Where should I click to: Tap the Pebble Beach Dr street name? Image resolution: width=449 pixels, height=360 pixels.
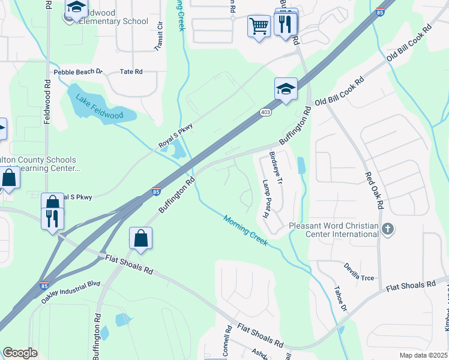pyautogui.click(x=78, y=72)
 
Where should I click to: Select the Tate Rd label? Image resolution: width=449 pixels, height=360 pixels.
pyautogui.click(x=131, y=71)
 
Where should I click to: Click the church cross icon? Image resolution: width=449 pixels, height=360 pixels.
pyautogui.click(x=388, y=228)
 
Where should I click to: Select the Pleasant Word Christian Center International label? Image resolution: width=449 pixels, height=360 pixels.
pyautogui.click(x=333, y=230)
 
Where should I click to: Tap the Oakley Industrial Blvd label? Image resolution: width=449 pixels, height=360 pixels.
pyautogui.click(x=70, y=293)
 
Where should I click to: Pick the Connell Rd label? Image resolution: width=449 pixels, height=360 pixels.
pyautogui.click(x=228, y=341)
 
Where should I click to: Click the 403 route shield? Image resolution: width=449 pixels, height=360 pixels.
pyautogui.click(x=265, y=112)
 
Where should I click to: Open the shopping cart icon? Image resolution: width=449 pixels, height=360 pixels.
pyautogui.click(x=259, y=26)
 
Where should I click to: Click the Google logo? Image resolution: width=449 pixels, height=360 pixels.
pyautogui.click(x=20, y=353)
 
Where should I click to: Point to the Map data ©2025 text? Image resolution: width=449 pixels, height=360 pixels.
pyautogui.click(x=423, y=355)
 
